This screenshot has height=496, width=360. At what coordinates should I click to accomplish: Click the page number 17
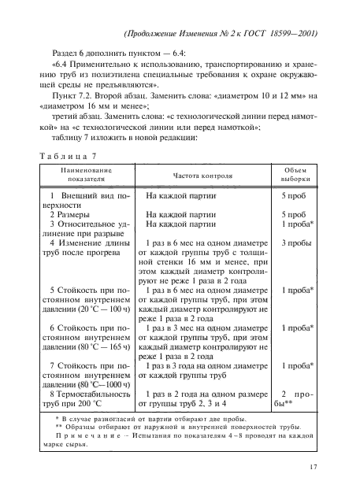[313, 467]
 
